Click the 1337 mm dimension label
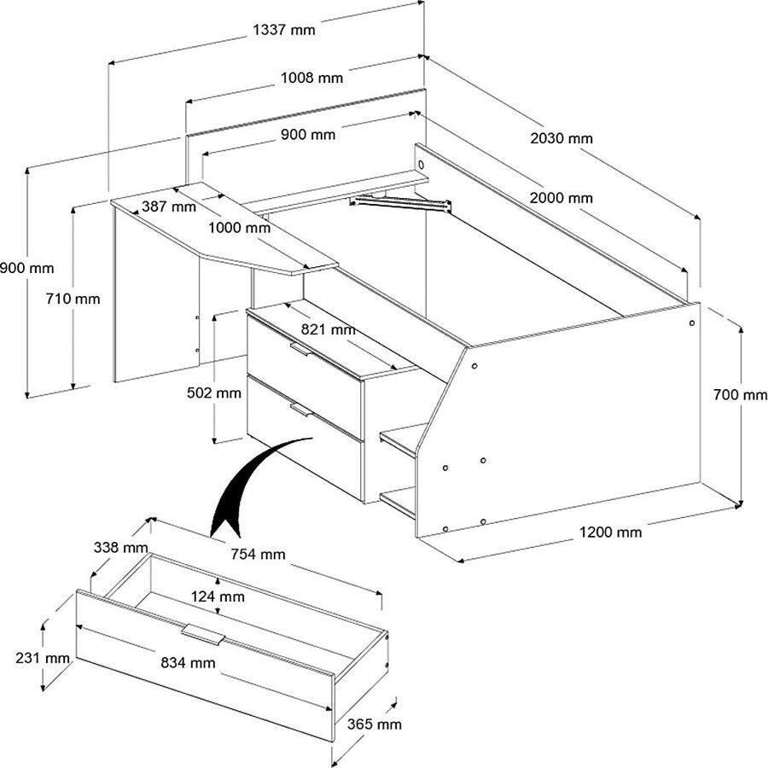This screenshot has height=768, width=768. point(284,31)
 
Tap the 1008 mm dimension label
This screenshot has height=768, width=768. point(312,79)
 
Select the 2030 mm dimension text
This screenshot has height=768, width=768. point(561,138)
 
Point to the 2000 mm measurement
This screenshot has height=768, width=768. point(561,198)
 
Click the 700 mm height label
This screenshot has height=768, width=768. point(740,395)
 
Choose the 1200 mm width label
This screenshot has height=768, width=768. point(610,532)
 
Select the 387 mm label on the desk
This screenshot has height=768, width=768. point(169,207)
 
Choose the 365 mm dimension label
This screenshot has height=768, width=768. point(373,724)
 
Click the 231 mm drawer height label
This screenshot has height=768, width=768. point(42,658)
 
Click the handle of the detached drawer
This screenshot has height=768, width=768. point(203,636)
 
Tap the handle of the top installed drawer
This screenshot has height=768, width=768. point(302,349)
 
